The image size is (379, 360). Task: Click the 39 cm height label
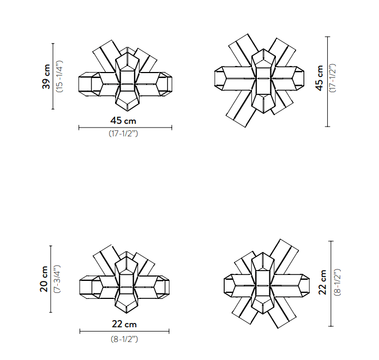(x=46, y=76)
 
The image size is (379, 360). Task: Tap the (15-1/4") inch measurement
(x=59, y=76)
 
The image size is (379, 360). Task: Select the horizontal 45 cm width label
(x=123, y=121)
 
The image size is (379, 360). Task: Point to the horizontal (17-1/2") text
(x=123, y=134)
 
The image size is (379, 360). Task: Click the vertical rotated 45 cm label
(x=320, y=78)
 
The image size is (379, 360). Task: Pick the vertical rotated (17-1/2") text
(x=333, y=78)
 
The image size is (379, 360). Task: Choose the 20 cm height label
(x=44, y=279)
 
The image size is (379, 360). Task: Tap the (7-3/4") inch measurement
(x=57, y=279)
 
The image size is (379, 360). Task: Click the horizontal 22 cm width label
(x=124, y=324)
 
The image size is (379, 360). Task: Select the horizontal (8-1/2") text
(x=124, y=339)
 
